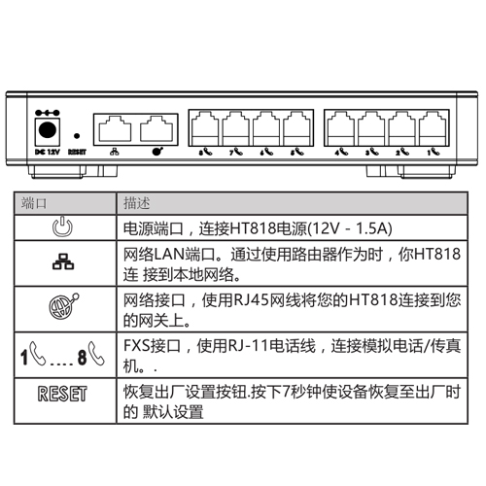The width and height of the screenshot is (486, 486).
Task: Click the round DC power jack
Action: coord(48,130)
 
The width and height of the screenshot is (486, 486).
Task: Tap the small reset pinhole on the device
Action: coord(77,136)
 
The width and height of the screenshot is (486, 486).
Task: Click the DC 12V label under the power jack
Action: coord(48,152)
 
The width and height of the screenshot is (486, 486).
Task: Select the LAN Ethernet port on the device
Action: coord(115,128)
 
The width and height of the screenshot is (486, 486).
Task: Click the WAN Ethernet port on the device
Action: coord(156,128)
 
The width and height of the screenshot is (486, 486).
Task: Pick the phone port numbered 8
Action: coord(205,129)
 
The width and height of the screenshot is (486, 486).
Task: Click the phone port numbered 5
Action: coord(296,129)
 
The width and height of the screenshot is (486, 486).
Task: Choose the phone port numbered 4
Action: coord(341,129)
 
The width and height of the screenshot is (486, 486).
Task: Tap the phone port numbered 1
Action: coord(433,129)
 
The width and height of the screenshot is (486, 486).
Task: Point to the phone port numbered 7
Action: coord(235,129)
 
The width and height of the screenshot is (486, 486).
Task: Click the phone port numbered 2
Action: coord(402,129)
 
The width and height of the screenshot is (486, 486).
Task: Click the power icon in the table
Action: coord(63,226)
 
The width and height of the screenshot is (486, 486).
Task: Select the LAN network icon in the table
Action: coord(63,261)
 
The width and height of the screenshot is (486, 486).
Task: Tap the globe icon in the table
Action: coord(64,306)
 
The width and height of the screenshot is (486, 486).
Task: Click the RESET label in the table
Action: coord(62,394)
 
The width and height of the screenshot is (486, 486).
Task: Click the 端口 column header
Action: coord(34,203)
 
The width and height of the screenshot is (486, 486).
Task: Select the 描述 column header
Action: coord(136,203)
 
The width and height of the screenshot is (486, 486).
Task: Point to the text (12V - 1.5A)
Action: coord(350,228)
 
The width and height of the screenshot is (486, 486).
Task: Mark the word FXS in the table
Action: coord(137,346)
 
